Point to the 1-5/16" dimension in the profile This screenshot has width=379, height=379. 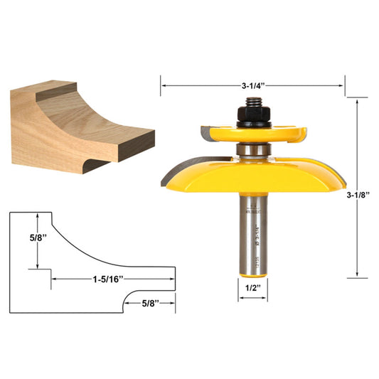111,279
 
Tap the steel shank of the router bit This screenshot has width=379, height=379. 251,242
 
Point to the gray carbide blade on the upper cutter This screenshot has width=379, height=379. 206,132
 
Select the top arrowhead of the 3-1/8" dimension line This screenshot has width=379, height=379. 356,101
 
